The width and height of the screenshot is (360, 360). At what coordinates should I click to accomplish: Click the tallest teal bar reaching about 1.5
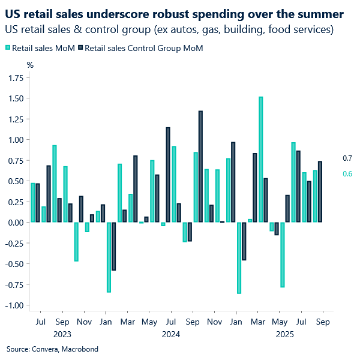pyautogui.click(x=260, y=160)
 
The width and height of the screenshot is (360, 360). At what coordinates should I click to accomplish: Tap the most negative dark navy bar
pyautogui.click(x=113, y=246)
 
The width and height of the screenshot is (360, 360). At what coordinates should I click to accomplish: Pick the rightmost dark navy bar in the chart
pyautogui.click(x=320, y=192)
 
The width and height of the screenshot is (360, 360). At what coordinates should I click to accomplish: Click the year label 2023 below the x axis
pyautogui.click(x=62, y=334)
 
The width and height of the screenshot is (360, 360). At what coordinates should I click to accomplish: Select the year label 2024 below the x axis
pyautogui.click(x=171, y=334)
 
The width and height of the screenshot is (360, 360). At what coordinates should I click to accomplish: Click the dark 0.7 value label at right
pyautogui.click(x=347, y=158)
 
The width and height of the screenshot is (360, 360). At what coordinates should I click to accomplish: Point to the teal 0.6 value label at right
pyautogui.click(x=347, y=174)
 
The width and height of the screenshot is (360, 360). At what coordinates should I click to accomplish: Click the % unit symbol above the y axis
pyautogui.click(x=30, y=64)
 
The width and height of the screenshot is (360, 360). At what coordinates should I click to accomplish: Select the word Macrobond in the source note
pyautogui.click(x=80, y=349)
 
